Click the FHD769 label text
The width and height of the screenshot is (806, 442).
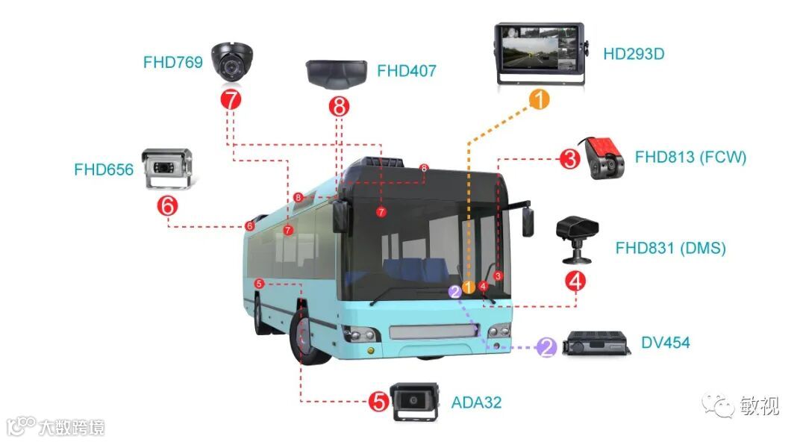172,63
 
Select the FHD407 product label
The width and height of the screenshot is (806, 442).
406,72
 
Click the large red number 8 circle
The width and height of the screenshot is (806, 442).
340,107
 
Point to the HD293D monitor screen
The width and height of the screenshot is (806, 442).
538,52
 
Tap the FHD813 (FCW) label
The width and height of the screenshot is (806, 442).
690,157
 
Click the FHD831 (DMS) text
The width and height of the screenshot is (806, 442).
670,248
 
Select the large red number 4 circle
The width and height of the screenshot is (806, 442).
575,281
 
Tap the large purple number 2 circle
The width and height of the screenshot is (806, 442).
548,347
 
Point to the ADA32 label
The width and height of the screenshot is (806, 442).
476,403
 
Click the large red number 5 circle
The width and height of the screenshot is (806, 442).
379,402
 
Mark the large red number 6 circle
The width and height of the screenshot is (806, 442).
169,205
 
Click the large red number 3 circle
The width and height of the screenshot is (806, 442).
569,159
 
